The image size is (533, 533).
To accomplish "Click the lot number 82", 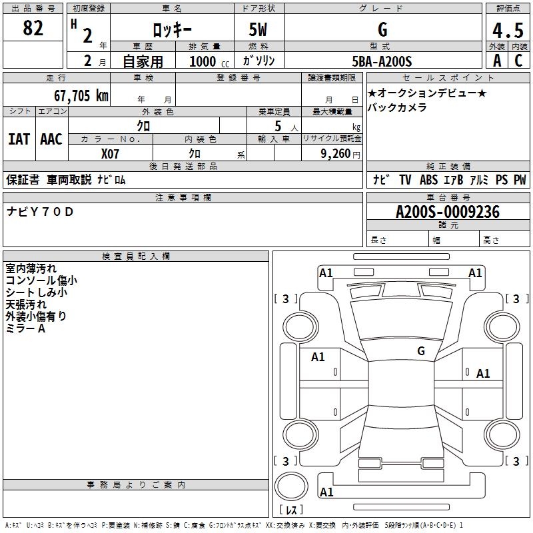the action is [x=33, y=29].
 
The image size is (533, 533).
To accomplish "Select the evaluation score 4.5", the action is [x=508, y=31].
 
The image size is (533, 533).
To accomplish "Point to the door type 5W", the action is [x=259, y=30].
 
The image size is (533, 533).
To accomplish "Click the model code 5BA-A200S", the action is [x=382, y=61].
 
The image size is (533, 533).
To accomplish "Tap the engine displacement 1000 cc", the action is [x=204, y=61].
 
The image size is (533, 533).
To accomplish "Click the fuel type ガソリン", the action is [x=259, y=61].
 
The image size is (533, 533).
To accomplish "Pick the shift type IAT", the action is [x=19, y=139].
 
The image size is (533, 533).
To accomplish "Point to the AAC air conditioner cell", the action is [x=51, y=139].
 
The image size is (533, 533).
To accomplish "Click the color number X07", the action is [x=110, y=154].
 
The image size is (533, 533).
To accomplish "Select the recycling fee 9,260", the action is [x=336, y=154].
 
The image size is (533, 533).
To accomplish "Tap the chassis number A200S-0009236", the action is [x=447, y=213].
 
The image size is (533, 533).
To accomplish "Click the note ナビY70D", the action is [x=40, y=213].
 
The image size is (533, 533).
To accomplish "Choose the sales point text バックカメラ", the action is [x=397, y=107].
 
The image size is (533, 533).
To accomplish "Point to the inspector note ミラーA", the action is [x=25, y=328].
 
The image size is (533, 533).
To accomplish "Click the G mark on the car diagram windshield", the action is [x=421, y=350].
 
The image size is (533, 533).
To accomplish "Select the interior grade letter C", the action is [x=519, y=61].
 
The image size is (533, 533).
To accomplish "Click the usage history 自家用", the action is [x=143, y=61].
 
